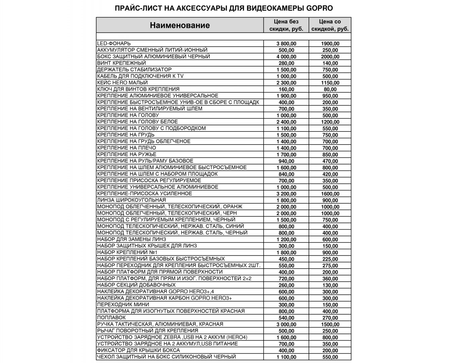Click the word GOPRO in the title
pyautogui.click(x=319, y=8)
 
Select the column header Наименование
pyautogui.click(x=180, y=25)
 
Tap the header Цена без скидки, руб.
pyautogui.click(x=286, y=25)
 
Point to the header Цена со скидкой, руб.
pyautogui.click(x=330, y=25)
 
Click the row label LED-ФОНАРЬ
pyautogui.click(x=114, y=43)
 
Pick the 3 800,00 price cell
pyautogui.click(x=286, y=44)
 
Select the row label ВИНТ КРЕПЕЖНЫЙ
pyautogui.click(x=121, y=63)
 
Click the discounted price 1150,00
pyautogui.click(x=330, y=83)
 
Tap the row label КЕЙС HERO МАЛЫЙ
pyautogui.click(x=122, y=82)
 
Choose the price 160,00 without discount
pyautogui.click(x=286, y=89)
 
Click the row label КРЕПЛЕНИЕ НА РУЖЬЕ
pyautogui.click(x=127, y=154)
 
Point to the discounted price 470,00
pyautogui.click(x=330, y=161)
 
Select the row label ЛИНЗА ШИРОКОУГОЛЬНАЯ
pyautogui.click(x=131, y=200)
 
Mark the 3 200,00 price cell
pyautogui.click(x=286, y=194)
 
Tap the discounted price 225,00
pyautogui.click(x=330, y=259)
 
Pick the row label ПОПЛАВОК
pyautogui.click(x=111, y=317)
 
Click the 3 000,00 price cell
pyautogui.click(x=286, y=324)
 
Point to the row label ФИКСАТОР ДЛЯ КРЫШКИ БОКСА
pyautogui.click(x=138, y=350)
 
